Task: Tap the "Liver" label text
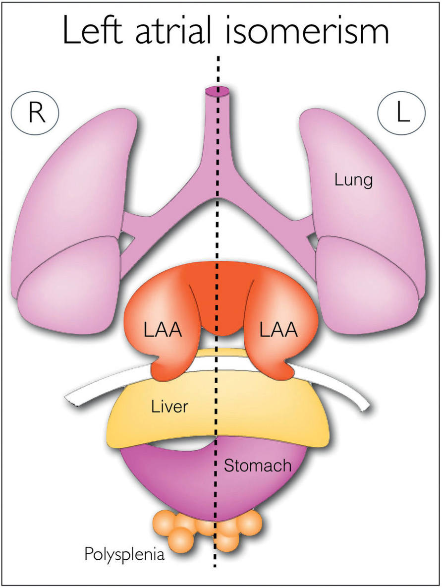tap(170, 407)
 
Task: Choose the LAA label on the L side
tap(278, 330)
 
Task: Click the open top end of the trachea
tap(217, 92)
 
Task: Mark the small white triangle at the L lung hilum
tap(313, 240)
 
